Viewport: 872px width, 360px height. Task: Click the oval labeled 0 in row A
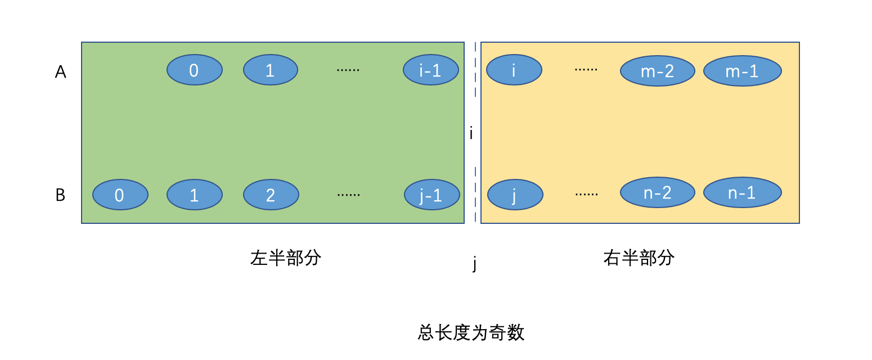pos(195,70)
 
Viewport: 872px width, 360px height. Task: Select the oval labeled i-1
pos(431,70)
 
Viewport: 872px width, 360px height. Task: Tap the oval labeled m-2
pos(657,71)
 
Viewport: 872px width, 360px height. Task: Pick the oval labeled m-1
pos(742,71)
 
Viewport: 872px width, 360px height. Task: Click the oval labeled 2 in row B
pos(271,195)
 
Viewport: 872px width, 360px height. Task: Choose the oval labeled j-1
pos(431,195)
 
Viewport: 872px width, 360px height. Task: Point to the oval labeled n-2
pos(657,192)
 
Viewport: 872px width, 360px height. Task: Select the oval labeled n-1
pos(742,192)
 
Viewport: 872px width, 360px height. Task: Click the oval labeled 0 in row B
pos(120,195)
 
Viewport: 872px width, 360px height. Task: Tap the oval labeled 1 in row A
pos(270,70)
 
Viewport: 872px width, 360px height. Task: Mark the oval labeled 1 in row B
pos(195,195)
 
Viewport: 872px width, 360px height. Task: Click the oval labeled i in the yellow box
pos(514,70)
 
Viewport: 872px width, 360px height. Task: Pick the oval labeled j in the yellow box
pos(515,195)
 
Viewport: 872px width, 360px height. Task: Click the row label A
pos(60,72)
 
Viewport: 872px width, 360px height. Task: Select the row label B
pos(60,195)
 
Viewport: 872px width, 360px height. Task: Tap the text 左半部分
pos(286,258)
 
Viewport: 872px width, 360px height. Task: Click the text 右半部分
pos(639,258)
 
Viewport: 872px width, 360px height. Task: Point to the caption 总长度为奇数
pos(471,332)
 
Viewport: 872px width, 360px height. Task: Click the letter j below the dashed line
pos(474,263)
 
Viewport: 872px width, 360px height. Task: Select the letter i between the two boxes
pos(471,134)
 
